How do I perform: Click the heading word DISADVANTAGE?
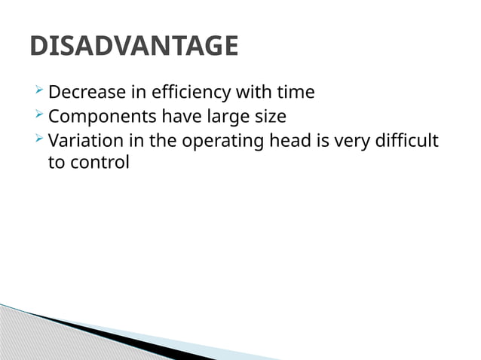coord(133,47)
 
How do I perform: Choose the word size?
coord(268,117)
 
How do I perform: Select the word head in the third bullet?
coord(285,141)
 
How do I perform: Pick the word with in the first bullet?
coord(253,93)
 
